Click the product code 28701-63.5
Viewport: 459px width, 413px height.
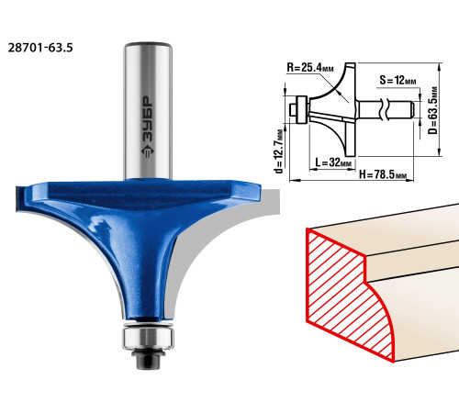click(x=40, y=48)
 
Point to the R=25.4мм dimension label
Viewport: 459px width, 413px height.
click(x=310, y=68)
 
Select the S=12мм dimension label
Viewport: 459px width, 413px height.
click(x=397, y=80)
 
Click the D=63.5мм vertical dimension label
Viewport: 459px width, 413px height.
click(x=433, y=110)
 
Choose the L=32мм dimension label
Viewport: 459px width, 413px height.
click(x=333, y=162)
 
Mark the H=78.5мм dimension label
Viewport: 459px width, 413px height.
click(x=383, y=174)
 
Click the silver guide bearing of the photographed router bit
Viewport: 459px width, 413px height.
click(x=148, y=338)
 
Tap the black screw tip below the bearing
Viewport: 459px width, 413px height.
click(x=148, y=360)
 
